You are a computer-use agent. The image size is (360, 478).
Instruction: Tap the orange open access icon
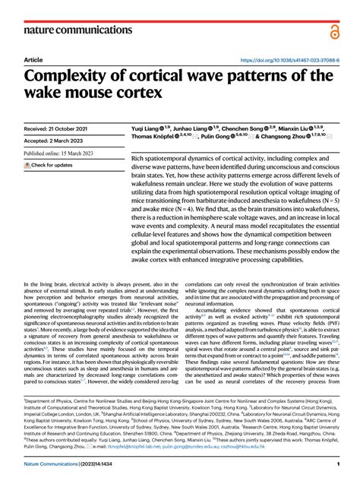[x=335, y=31]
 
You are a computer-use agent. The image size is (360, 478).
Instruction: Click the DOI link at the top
[x=288, y=59]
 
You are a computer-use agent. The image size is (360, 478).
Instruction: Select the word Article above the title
[x=33, y=59]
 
